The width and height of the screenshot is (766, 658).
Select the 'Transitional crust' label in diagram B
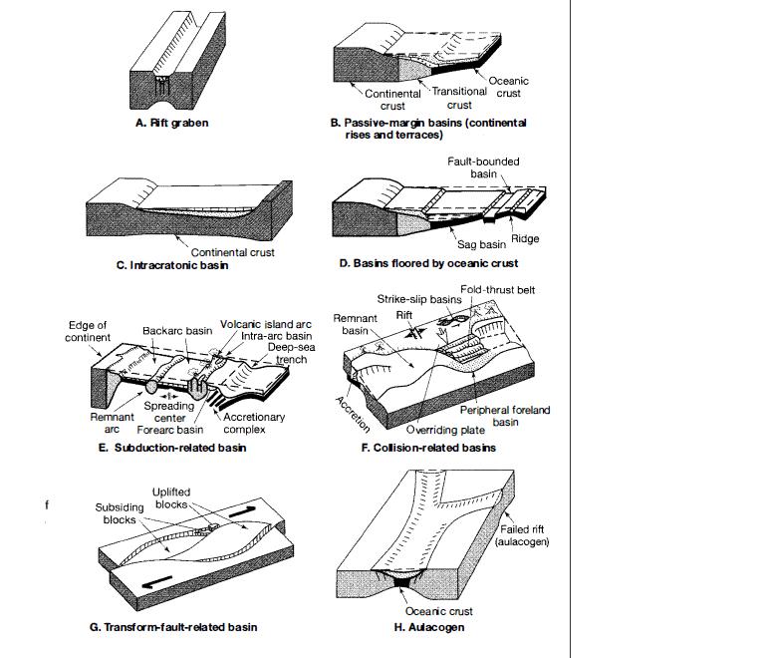coord(459,98)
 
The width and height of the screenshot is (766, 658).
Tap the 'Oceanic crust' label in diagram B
coord(508,87)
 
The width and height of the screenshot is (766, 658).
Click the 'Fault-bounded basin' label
coord(495,167)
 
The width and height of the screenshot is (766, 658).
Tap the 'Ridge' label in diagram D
coord(525,239)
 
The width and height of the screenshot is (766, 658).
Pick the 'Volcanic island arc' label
coord(262,324)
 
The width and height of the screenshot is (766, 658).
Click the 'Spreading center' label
coord(169,412)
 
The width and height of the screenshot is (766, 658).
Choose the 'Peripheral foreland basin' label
coord(505,416)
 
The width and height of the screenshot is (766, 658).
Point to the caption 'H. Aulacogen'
coord(429,627)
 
